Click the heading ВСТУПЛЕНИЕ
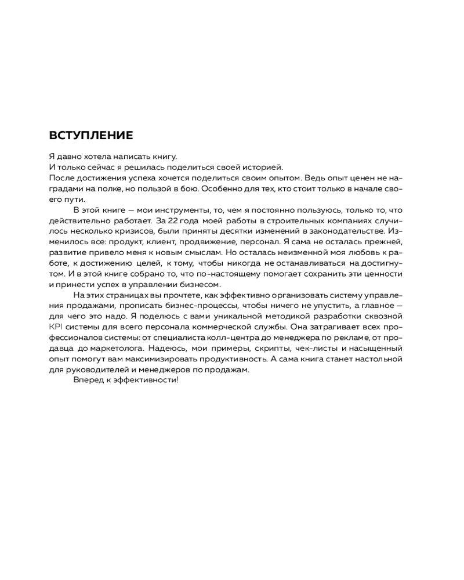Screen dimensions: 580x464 [91, 136]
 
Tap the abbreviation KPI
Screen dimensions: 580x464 [56, 327]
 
